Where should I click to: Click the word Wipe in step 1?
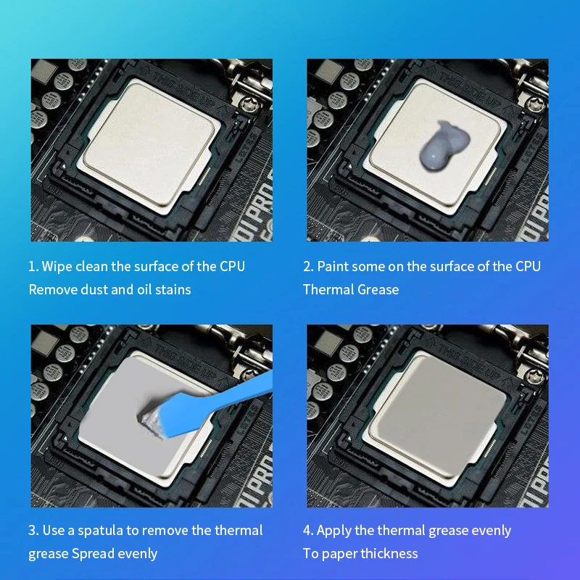(57, 266)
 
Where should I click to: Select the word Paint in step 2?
(333, 266)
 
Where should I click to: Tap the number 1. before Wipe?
(33, 266)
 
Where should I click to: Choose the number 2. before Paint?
(308, 266)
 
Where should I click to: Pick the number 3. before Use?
(33, 530)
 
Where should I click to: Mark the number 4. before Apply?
(308, 530)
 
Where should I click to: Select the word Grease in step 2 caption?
(377, 289)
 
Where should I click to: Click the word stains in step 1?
(174, 289)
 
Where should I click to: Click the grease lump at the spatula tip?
(152, 417)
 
